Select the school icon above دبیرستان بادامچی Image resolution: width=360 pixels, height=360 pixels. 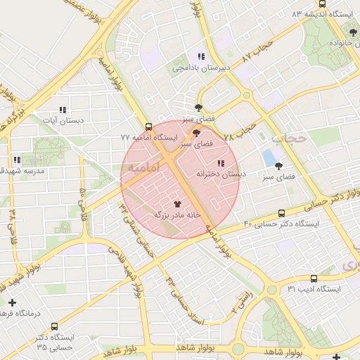point(201,56)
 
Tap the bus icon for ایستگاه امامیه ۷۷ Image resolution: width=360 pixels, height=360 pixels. point(148,127)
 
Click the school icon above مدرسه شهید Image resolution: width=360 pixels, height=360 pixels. point(16,160)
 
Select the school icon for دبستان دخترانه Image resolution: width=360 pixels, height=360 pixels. point(221,163)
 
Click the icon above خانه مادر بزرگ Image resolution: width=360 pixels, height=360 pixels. point(176,203)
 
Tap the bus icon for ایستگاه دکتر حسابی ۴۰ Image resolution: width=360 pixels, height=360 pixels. point(282,213)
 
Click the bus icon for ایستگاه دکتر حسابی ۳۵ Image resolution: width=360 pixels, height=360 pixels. point(55,326)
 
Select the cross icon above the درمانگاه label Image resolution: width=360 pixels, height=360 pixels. point(11,302)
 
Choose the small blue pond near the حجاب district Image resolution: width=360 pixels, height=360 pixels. point(269,158)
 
